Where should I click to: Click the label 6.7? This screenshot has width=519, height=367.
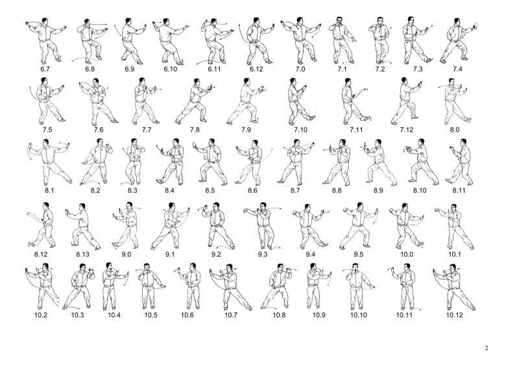(x=45, y=69)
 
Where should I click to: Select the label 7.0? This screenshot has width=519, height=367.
(x=300, y=69)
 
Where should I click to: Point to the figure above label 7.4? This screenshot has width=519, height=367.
(x=458, y=40)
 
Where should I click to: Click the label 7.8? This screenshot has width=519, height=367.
(x=195, y=130)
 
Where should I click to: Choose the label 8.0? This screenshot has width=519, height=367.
(x=455, y=130)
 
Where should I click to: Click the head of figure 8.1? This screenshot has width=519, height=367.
(x=46, y=142)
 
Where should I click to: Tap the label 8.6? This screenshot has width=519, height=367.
(x=252, y=190)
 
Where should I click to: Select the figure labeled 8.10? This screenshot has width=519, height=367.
(x=421, y=162)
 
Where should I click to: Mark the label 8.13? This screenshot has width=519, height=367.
(x=83, y=254)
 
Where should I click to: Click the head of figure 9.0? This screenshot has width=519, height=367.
(x=130, y=206)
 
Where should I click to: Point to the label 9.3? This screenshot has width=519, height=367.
(x=263, y=254)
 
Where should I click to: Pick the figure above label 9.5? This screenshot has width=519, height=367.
(x=359, y=225)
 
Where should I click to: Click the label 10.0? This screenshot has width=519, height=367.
(x=407, y=254)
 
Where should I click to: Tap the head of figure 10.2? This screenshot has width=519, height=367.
(x=45, y=267)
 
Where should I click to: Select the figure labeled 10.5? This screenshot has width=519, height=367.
(x=151, y=286)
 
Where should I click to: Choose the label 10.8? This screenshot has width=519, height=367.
(x=279, y=315)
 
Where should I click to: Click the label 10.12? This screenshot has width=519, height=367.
(x=455, y=315)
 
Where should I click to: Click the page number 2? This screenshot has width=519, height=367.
(x=487, y=348)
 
